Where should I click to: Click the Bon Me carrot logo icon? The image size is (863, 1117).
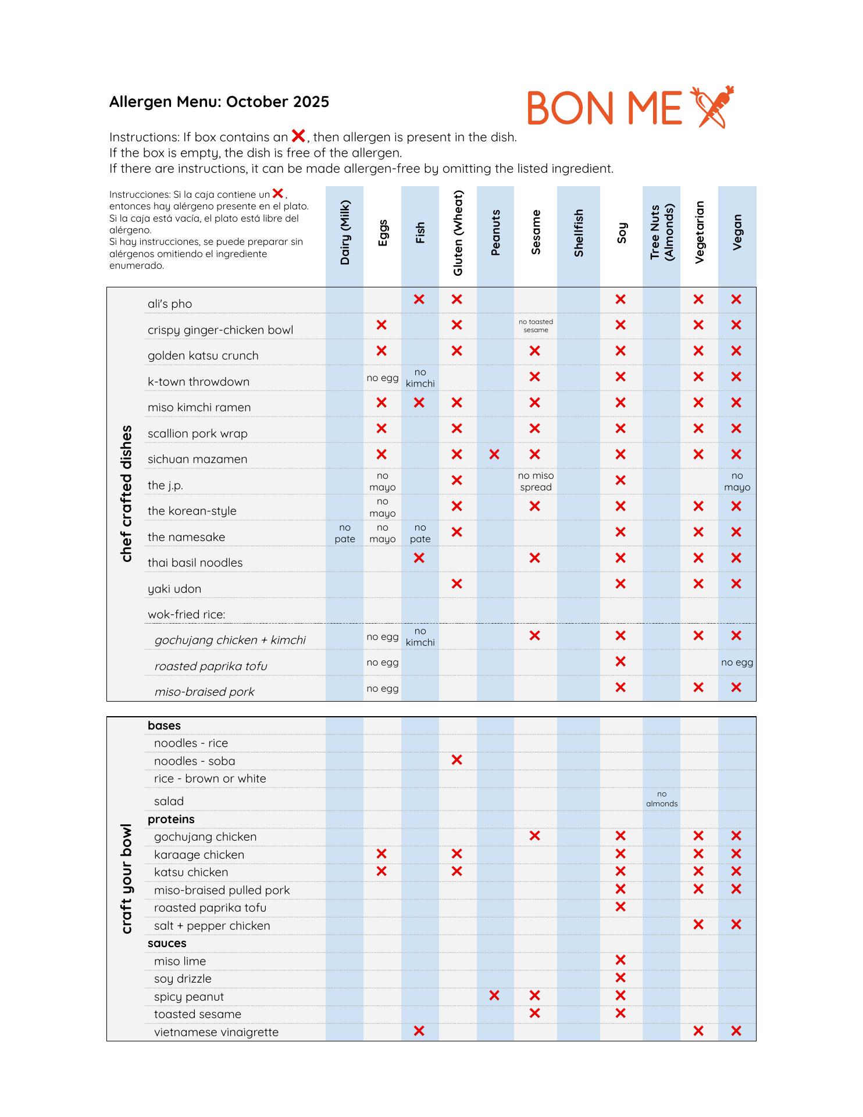click(x=712, y=107)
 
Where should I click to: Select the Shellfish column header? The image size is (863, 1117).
click(x=579, y=233)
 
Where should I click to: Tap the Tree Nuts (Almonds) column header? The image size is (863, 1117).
click(x=662, y=233)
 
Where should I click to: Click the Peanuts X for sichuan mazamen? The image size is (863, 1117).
click(x=494, y=454)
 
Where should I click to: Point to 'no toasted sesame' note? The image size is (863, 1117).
click(x=536, y=326)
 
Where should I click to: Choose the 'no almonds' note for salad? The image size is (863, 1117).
click(x=662, y=799)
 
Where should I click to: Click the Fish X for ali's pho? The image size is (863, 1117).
click(x=419, y=300)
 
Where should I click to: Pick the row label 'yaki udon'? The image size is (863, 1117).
click(x=174, y=589)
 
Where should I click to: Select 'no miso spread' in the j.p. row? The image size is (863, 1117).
click(x=536, y=482)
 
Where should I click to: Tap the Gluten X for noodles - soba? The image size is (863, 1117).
click(x=457, y=760)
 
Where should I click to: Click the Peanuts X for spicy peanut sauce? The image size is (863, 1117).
click(x=494, y=995)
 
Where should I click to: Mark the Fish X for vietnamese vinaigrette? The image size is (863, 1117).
click(x=419, y=1031)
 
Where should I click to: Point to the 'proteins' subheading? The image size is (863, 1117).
click(x=171, y=819)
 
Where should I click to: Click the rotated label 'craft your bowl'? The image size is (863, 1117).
click(x=126, y=878)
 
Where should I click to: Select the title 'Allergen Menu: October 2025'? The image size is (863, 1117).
click(x=219, y=102)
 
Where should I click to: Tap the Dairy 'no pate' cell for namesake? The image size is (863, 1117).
click(x=345, y=533)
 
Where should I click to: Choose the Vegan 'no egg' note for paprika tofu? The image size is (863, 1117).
click(x=737, y=662)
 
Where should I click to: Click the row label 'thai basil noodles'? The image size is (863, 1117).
click(x=195, y=563)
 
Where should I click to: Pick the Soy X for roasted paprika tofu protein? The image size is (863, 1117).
click(x=620, y=907)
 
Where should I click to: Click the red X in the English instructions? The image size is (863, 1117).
click(x=298, y=136)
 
